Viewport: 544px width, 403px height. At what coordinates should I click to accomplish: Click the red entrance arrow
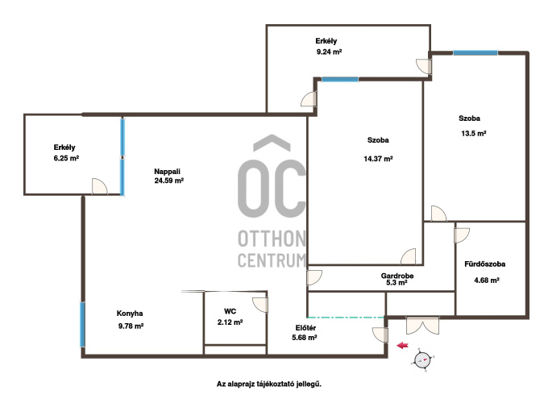402,346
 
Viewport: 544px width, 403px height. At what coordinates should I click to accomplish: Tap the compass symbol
422,360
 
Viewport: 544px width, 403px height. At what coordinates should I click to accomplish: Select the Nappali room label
167,172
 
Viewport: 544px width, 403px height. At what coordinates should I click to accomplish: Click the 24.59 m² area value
169,181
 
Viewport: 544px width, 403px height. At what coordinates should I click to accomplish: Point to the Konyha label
130,314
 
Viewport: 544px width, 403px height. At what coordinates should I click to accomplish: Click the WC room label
230,311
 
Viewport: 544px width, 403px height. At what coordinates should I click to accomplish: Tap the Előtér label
305,328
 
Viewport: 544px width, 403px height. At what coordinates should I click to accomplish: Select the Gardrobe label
397,276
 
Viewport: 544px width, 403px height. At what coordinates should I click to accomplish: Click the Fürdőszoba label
484,264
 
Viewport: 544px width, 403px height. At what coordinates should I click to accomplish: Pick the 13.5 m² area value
474,133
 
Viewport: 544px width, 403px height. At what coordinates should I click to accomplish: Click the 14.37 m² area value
378,159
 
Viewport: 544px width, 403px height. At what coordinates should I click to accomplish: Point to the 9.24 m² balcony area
330,52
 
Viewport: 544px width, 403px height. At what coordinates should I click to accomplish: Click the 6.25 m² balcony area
66,158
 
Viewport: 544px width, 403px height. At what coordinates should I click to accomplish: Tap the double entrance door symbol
422,326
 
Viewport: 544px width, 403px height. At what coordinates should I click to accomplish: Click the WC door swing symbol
260,305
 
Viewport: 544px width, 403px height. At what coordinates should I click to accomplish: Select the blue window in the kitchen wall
82,325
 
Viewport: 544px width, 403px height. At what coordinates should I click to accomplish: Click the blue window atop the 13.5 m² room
475,52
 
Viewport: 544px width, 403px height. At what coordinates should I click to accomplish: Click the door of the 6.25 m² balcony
100,186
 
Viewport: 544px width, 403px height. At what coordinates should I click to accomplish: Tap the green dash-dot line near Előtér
346,318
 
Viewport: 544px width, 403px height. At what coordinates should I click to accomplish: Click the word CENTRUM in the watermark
272,260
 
